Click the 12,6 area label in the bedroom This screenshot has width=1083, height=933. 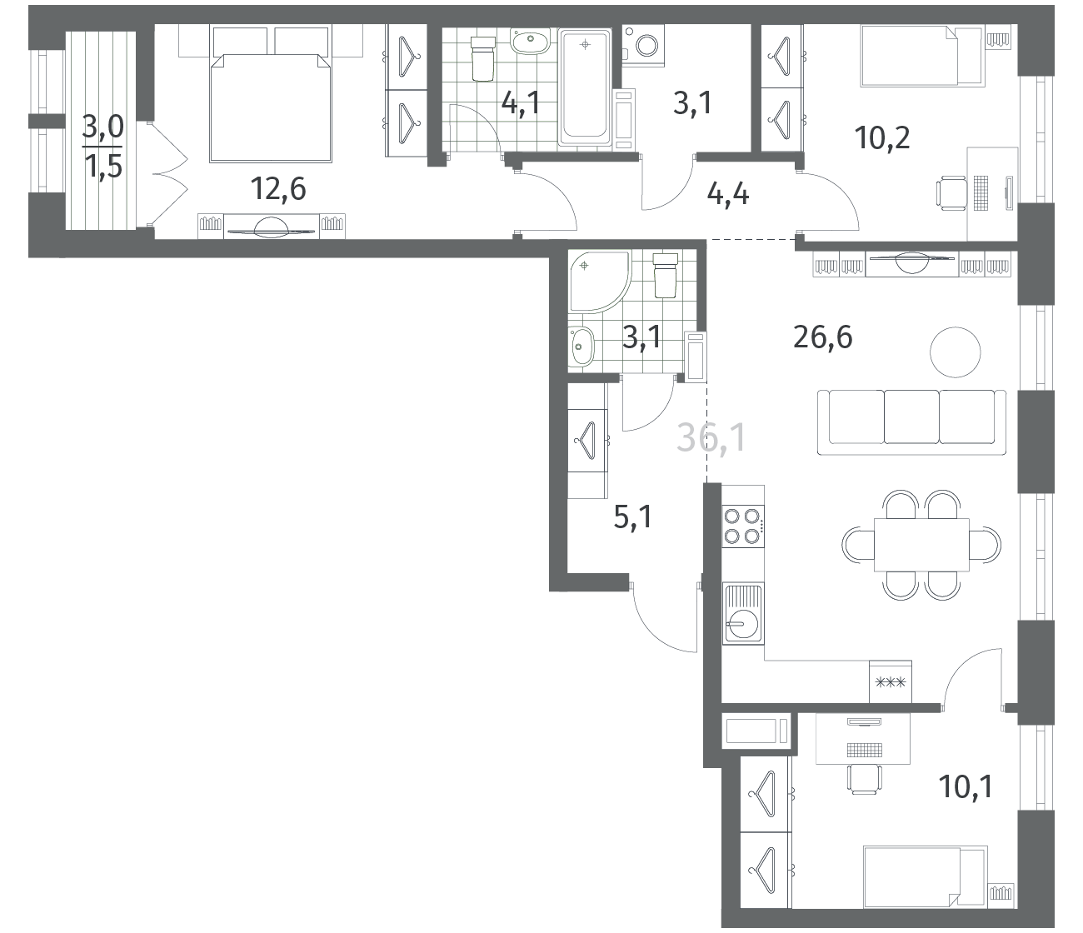[278, 188]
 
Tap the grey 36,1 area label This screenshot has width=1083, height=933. [711, 438]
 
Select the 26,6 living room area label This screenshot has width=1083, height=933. [823, 337]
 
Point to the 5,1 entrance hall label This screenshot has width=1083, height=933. [633, 517]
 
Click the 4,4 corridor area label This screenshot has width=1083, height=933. [728, 194]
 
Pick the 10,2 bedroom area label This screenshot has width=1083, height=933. [882, 139]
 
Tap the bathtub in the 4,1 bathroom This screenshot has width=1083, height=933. [585, 87]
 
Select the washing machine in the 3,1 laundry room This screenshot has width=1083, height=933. [644, 46]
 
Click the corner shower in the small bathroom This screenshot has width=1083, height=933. [599, 282]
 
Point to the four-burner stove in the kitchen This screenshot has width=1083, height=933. [743, 526]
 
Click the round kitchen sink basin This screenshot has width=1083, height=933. [743, 625]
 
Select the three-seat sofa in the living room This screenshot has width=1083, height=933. [911, 422]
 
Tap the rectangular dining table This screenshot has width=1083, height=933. [921, 545]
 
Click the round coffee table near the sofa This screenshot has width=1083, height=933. [956, 352]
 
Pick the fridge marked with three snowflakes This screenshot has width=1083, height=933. [891, 681]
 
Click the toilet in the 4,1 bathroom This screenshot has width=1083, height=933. [483, 58]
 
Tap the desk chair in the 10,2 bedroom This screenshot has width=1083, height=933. [951, 192]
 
